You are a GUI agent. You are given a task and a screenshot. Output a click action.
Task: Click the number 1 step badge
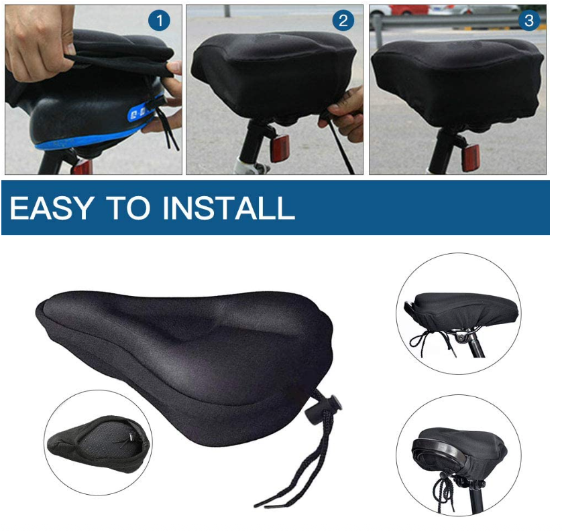click(159, 21)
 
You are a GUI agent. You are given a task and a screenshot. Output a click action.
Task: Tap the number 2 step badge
click(343, 21)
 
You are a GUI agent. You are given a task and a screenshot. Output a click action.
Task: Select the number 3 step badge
click(529, 21)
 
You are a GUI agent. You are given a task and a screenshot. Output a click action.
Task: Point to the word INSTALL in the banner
click(229, 208)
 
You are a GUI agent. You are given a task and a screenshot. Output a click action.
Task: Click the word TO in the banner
click(129, 208)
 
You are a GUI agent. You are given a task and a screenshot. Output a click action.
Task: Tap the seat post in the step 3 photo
click(443, 151)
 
